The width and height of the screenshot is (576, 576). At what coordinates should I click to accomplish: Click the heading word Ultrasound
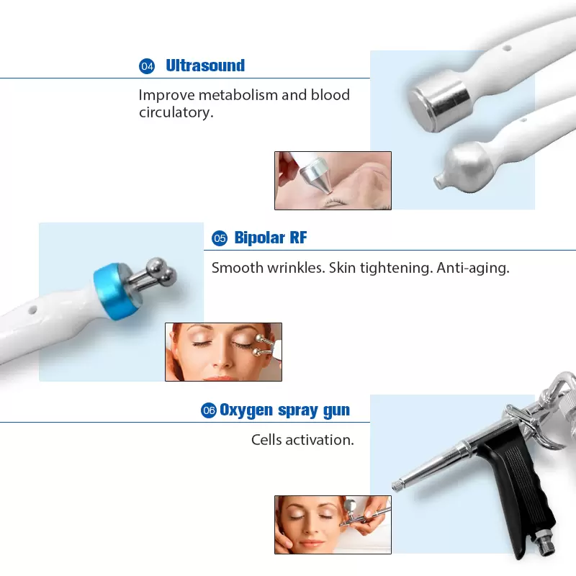click(x=205, y=66)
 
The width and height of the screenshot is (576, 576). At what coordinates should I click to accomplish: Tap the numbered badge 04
click(x=147, y=66)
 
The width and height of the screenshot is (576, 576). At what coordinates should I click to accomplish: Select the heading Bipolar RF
click(x=271, y=238)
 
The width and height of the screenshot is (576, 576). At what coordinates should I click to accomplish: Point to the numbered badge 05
click(x=219, y=238)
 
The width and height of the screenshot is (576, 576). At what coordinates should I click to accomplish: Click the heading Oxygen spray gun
click(x=284, y=410)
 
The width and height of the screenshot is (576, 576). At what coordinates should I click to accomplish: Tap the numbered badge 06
click(x=209, y=410)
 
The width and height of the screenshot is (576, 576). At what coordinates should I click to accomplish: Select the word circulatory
click(x=176, y=112)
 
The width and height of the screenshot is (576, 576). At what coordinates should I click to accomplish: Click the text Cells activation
click(x=302, y=439)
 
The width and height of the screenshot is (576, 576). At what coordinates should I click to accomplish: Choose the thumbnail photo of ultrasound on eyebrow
click(x=333, y=180)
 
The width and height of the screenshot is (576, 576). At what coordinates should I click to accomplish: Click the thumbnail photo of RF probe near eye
click(x=223, y=351)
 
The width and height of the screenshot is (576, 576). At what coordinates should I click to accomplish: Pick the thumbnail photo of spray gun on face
click(x=333, y=524)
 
